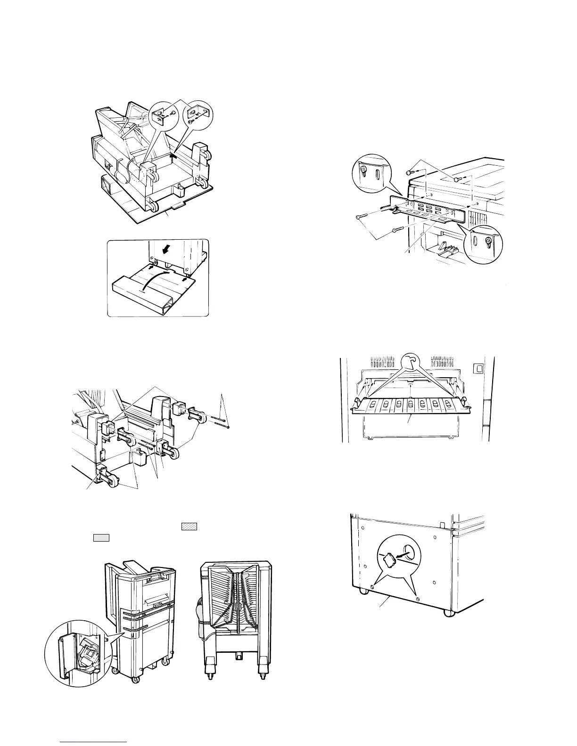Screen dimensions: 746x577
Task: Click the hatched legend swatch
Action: (x=189, y=526)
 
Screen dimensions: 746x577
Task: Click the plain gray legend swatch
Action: (x=101, y=538)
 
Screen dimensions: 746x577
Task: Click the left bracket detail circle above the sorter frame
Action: (x=162, y=113)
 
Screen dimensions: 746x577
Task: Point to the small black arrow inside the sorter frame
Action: (x=174, y=152)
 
